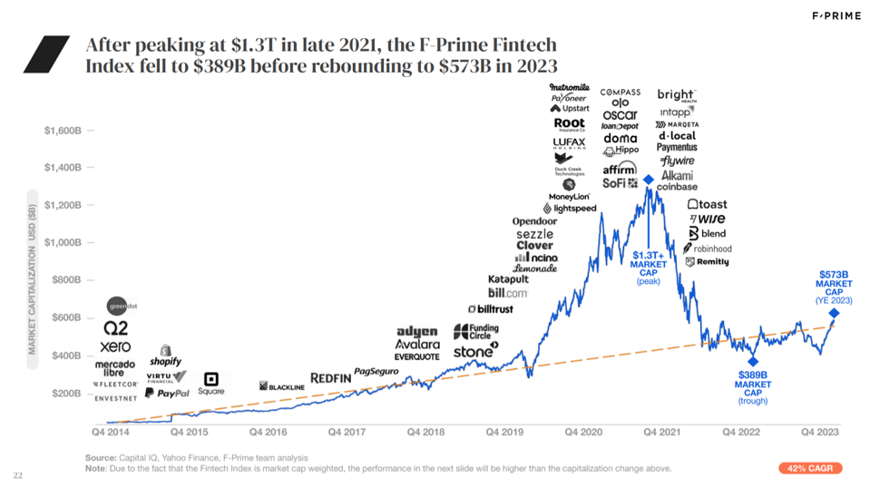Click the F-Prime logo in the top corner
pyautogui.click(x=836, y=15)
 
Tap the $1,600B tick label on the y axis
pyautogui.click(x=63, y=131)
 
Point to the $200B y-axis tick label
pyautogui.click(x=65, y=394)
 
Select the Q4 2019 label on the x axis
pyautogui.click(x=503, y=433)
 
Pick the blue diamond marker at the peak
pyautogui.click(x=649, y=180)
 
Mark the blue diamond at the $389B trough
pyautogui.click(x=753, y=362)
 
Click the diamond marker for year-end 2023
pyautogui.click(x=834, y=314)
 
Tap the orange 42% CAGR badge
pyautogui.click(x=810, y=468)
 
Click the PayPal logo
pyautogui.click(x=167, y=394)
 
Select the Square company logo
pyautogui.click(x=211, y=384)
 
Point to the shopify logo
pyautogui.click(x=166, y=356)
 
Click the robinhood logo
pyautogui.click(x=708, y=248)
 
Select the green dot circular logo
pyautogui.click(x=117, y=306)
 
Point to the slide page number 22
pyautogui.click(x=18, y=474)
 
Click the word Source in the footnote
pyautogui.click(x=100, y=457)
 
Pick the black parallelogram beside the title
pyautogui.click(x=46, y=54)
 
